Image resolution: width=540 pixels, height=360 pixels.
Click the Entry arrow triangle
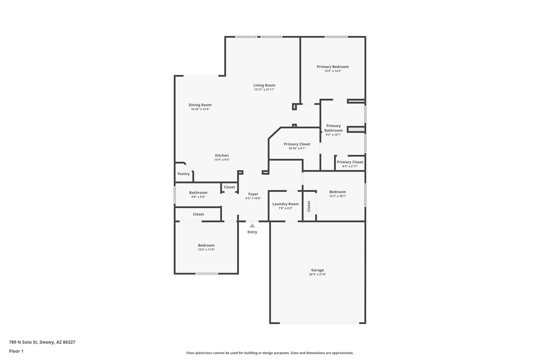(252, 226)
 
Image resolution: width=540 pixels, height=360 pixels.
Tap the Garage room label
(317, 270)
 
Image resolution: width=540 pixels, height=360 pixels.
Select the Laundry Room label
(285, 204)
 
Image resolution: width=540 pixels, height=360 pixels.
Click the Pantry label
(184, 174)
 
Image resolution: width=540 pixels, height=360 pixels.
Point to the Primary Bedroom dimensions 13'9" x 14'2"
(333, 71)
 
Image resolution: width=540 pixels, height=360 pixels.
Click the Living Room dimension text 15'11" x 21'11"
(264, 90)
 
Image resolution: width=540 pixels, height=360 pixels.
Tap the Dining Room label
(200, 105)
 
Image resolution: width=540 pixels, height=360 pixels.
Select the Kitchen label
(222, 155)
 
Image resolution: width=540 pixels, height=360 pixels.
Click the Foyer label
(253, 194)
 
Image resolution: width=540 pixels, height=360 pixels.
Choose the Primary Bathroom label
(333, 128)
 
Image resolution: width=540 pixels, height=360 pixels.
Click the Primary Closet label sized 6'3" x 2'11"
(350, 162)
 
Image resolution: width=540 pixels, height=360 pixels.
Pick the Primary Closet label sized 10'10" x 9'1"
(297, 144)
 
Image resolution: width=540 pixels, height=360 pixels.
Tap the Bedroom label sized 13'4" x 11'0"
(206, 245)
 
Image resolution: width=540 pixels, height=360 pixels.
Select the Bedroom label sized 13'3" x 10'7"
(337, 192)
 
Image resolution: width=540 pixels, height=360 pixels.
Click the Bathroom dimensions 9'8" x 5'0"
(198, 197)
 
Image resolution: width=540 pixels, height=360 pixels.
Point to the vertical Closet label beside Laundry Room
(309, 206)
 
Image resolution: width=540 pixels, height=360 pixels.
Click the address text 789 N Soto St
(24, 342)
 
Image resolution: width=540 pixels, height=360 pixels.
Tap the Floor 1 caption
(16, 351)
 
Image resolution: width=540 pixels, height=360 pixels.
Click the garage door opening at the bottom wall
(319, 323)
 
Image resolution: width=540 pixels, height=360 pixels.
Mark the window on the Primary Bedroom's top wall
(336, 37)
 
